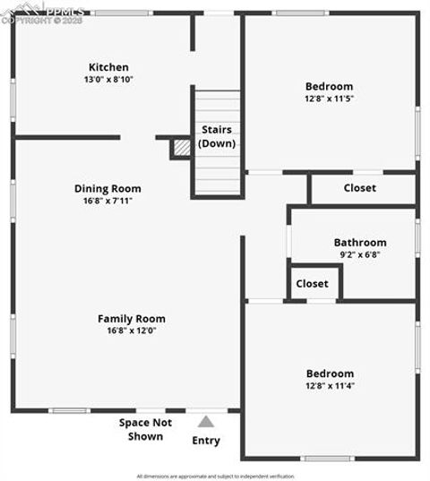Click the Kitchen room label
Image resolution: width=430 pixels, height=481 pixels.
[x=108, y=67]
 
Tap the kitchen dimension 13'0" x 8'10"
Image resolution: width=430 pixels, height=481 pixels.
[x=108, y=80]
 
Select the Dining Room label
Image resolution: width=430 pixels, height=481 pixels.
[x=107, y=189]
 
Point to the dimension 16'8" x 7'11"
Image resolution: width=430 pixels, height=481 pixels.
[x=107, y=202]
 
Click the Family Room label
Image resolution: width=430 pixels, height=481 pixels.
[x=132, y=319]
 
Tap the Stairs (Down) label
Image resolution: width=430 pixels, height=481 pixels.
[x=217, y=136]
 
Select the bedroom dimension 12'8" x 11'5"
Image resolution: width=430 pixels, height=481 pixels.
[x=329, y=99]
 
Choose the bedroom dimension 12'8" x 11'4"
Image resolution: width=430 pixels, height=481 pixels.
[x=329, y=386]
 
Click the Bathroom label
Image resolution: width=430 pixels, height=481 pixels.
[x=360, y=242]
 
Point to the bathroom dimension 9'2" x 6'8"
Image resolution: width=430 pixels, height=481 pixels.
[x=360, y=254]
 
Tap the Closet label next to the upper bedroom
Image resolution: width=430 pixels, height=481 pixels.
[x=360, y=188]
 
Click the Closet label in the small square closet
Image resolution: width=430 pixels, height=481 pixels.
[x=312, y=284]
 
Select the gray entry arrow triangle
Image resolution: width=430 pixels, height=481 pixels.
[x=206, y=422]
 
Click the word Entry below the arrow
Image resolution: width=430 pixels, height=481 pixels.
[x=206, y=441]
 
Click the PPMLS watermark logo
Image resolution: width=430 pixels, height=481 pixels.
[x=43, y=13]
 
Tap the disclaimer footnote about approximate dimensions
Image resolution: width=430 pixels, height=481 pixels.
[x=215, y=476]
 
